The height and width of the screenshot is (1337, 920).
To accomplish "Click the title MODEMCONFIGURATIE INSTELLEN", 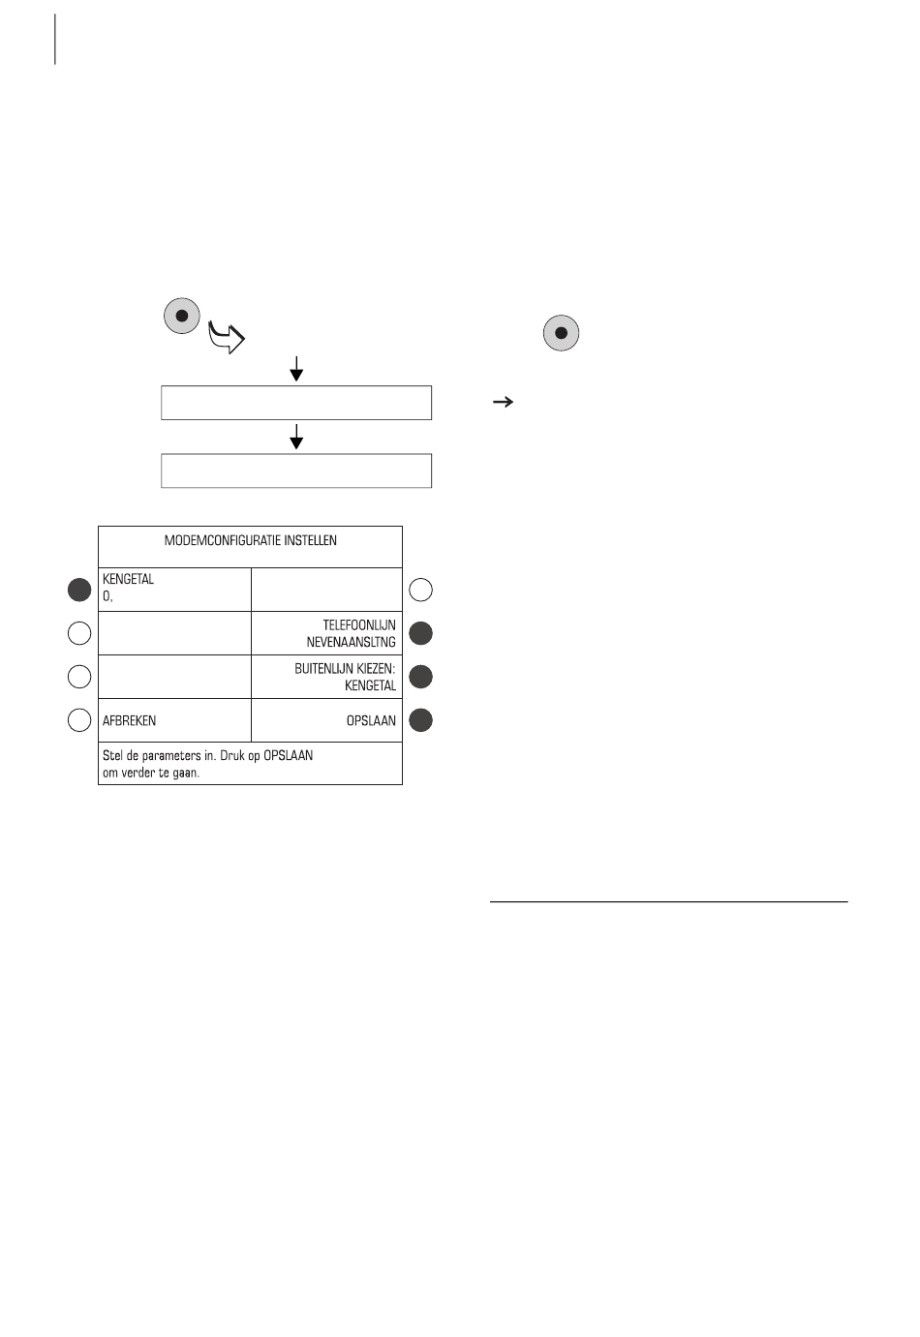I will point(251,540).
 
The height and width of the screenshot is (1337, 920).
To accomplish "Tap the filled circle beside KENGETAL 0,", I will point(79,589).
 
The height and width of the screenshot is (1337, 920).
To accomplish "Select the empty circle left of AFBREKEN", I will point(79,720).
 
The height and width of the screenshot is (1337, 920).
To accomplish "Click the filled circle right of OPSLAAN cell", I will point(420,720).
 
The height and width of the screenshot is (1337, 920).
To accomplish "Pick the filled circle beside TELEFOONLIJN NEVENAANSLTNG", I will point(420,633).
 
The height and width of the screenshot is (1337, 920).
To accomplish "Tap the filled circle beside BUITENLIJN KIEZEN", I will point(420,677).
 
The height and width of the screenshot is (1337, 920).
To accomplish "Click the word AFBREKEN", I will point(129,721).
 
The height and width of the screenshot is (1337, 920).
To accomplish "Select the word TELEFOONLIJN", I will point(359,625).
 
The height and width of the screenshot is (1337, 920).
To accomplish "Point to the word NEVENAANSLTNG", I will point(351,642).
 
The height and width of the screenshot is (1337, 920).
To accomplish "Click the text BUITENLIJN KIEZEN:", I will point(345,669).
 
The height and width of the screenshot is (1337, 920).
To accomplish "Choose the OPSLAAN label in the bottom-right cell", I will point(371,721).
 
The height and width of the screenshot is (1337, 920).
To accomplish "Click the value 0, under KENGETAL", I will point(107,596).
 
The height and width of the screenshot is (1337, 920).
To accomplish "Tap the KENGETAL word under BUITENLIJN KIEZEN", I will point(370,685).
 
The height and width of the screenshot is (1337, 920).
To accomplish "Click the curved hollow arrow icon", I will point(228,339).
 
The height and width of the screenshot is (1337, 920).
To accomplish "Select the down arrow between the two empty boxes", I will point(296,437).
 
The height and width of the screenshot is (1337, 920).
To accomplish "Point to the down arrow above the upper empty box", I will point(296,369).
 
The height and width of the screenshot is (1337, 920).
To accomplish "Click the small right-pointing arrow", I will point(503,402).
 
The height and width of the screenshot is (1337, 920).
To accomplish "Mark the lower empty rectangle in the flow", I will point(296,471).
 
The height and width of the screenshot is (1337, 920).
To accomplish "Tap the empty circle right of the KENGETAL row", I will point(420,589).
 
